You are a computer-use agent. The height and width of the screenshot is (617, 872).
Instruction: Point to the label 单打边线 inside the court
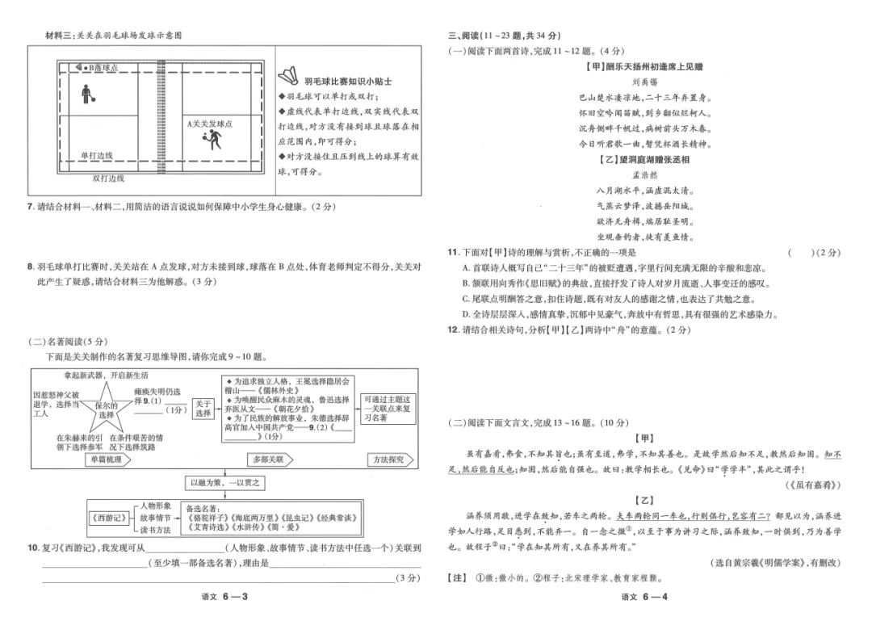tap(97, 156)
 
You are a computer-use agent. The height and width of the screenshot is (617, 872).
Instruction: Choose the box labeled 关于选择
tap(203, 409)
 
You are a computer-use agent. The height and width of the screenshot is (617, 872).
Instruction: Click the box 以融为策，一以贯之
tap(225, 483)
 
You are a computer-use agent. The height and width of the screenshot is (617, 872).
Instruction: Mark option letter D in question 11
tap(466, 314)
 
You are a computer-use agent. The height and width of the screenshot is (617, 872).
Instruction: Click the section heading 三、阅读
tap(463, 36)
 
